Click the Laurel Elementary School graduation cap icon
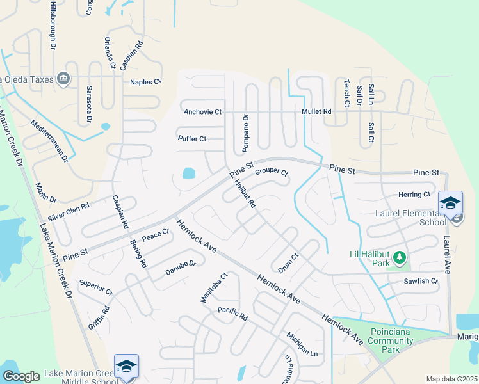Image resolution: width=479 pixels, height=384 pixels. coord(450,203)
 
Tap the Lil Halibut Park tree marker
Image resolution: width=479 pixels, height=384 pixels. coord(400,257)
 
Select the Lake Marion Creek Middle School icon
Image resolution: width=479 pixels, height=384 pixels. coord(126,366)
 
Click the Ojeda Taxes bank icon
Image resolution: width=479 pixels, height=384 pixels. coord(63,79)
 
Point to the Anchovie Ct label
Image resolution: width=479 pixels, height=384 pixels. coord(202,112)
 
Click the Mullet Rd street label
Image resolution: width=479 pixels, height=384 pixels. coord(317,111)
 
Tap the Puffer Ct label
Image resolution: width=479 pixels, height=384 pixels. coord(192,139)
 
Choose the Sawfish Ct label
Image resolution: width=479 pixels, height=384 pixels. coord(421,281)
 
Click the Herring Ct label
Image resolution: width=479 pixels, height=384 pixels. coord(414,195)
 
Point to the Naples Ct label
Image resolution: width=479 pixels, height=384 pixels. coord(145,82)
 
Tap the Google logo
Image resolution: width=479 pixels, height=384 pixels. coord(22,376)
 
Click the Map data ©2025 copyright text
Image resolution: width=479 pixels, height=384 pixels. coord(451,379)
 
